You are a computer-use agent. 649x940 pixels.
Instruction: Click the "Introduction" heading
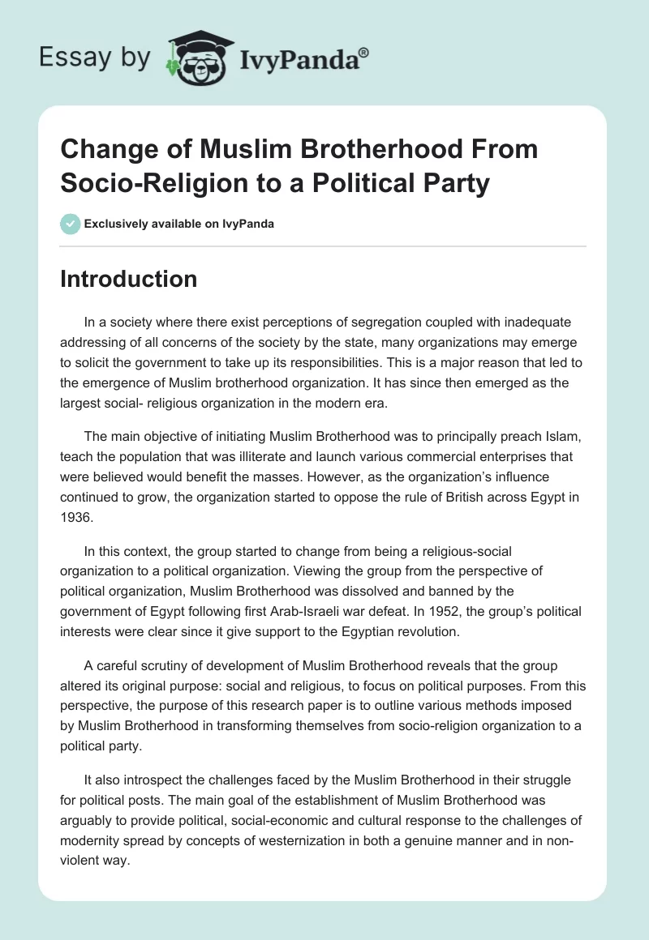click(x=129, y=279)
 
